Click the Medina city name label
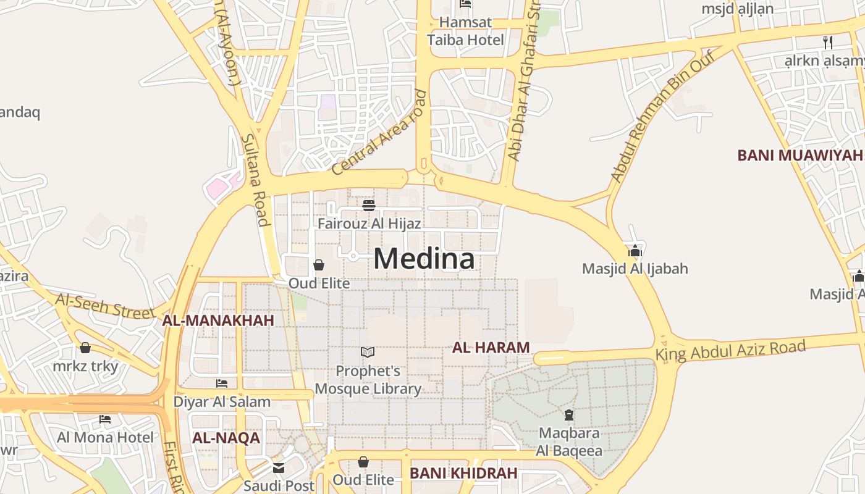point(424,259)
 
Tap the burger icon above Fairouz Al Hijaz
point(369,205)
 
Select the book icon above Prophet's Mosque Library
point(368,353)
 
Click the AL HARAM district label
point(491,348)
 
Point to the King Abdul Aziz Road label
point(730,351)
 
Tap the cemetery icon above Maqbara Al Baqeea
point(568,414)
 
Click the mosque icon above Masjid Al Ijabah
point(635,251)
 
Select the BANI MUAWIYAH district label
point(800,155)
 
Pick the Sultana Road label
point(255,180)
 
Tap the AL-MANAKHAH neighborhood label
point(217,320)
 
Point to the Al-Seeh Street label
point(105,306)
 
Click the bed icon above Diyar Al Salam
point(222,383)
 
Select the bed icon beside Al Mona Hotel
point(105,419)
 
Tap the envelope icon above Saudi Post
point(279,467)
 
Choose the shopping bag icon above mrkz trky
point(85,348)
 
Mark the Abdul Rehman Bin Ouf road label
point(662,117)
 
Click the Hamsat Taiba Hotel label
point(466,31)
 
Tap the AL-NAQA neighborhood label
point(226,438)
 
